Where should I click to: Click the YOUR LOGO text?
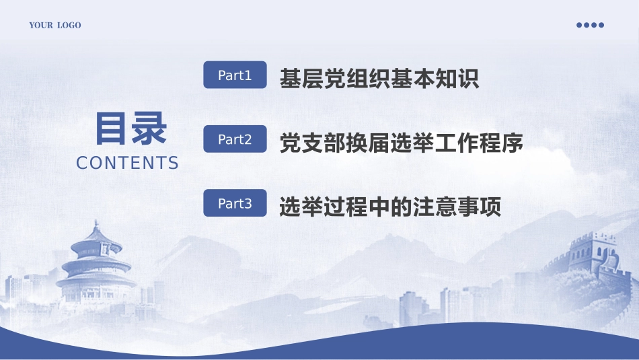(54, 26)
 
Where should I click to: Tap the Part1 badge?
(235, 75)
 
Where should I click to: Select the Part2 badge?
(235, 139)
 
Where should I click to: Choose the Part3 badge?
(235, 203)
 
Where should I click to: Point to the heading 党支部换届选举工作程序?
(401, 143)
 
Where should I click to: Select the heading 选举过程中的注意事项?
(390, 207)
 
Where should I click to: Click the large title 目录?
(130, 129)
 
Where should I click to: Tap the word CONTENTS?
(128, 163)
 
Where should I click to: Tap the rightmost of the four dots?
(601, 25)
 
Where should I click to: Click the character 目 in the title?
(111, 129)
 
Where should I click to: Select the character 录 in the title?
(149, 129)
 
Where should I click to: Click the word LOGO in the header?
(69, 26)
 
